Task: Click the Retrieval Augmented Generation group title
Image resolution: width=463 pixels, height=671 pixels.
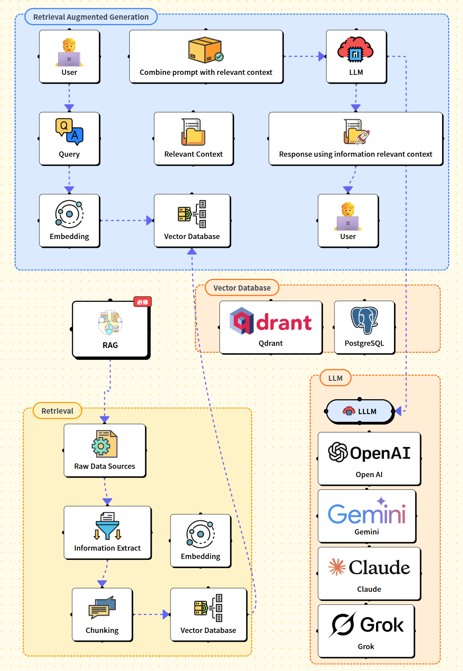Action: [91, 17]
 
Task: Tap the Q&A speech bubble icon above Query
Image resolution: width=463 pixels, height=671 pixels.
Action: [69, 131]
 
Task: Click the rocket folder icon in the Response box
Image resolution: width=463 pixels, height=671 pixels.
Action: [356, 132]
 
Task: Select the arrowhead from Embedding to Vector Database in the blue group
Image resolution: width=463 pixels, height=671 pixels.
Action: [150, 221]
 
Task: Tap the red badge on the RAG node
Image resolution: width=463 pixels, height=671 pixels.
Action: [143, 302]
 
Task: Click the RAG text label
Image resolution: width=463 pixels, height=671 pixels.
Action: [110, 345]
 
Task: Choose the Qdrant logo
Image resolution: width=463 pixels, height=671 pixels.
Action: [271, 322]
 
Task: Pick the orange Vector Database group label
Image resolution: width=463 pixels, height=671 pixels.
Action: [242, 288]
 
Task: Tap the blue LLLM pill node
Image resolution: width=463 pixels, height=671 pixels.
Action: [360, 411]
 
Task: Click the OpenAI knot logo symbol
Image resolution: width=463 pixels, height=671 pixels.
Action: [338, 452]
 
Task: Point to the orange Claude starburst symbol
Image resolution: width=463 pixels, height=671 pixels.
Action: [337, 567]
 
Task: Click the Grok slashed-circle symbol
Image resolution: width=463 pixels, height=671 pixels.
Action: [343, 624]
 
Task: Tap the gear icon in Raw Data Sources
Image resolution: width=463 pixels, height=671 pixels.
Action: [101, 446]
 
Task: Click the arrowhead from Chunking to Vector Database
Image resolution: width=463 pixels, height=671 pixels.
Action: [165, 615]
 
